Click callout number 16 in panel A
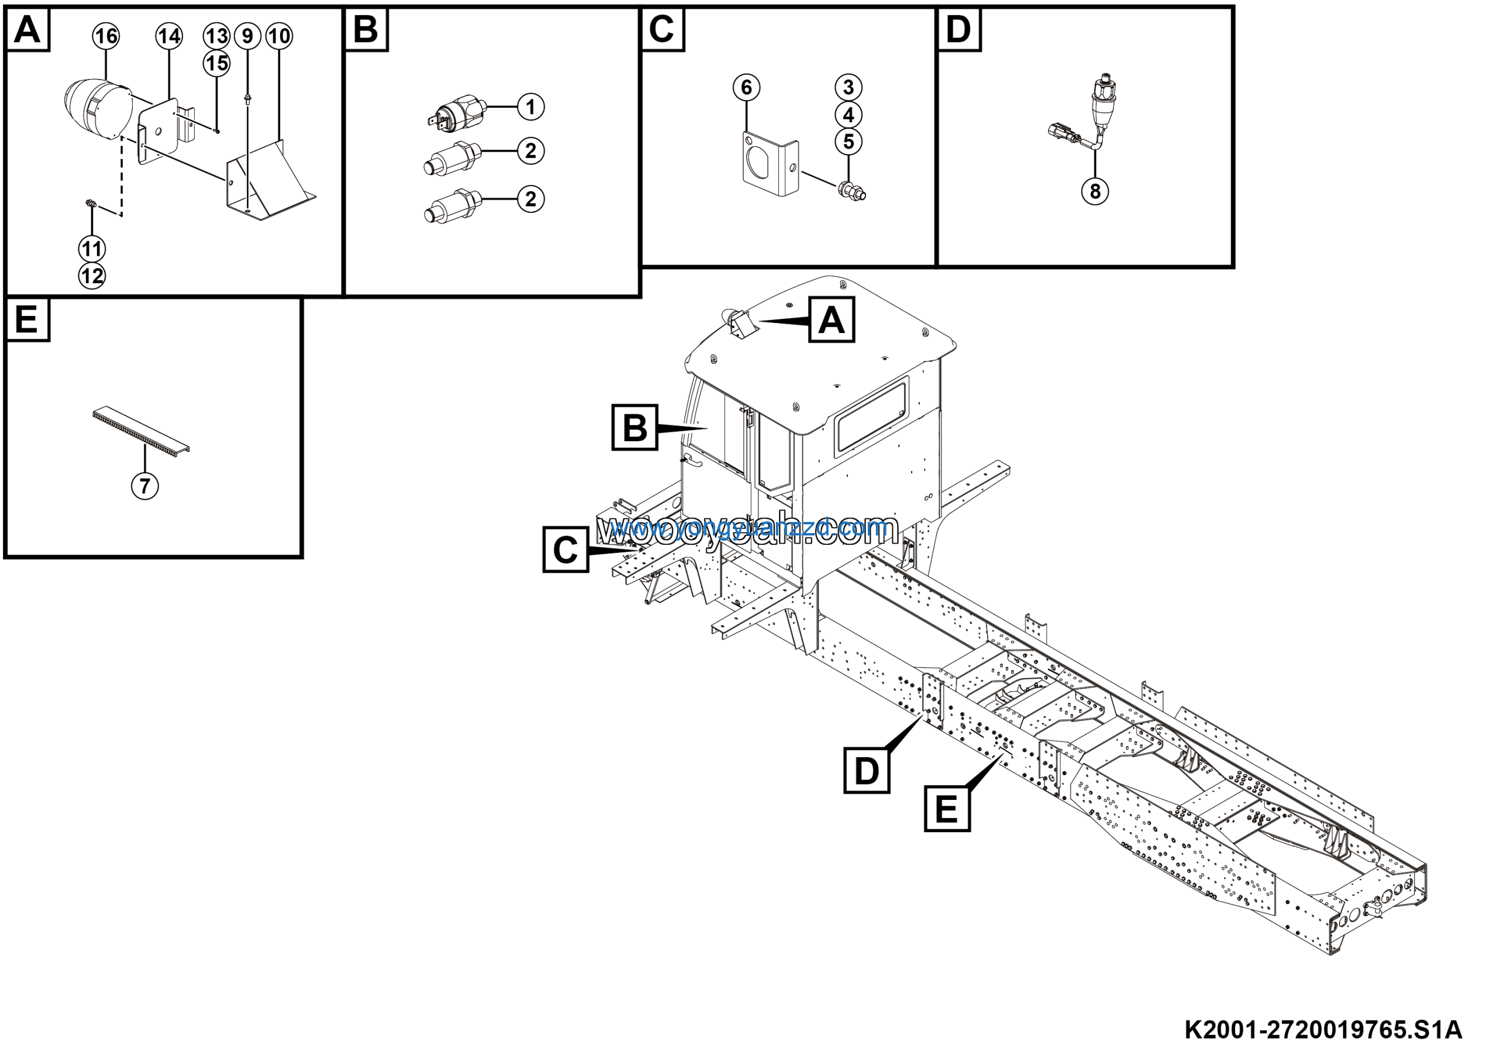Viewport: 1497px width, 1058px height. [x=106, y=36]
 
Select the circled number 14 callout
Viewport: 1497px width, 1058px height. [x=169, y=36]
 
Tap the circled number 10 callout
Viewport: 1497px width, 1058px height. [x=279, y=36]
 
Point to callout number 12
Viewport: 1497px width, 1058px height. [x=92, y=276]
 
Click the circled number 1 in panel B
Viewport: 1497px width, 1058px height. [x=531, y=107]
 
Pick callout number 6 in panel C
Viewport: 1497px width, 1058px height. [x=747, y=87]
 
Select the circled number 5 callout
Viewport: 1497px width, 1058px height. [x=848, y=142]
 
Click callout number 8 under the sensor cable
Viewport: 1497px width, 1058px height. [x=1095, y=191]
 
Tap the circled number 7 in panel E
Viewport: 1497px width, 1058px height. [x=145, y=485]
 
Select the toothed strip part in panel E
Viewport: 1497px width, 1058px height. [x=141, y=431]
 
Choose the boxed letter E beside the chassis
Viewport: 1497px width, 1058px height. [x=947, y=809]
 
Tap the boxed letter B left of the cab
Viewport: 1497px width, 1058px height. [x=634, y=428]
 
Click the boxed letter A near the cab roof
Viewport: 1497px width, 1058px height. [x=832, y=320]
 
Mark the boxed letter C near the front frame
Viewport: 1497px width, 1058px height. [x=565, y=550]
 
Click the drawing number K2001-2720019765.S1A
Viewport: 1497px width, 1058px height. [x=1323, y=1030]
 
